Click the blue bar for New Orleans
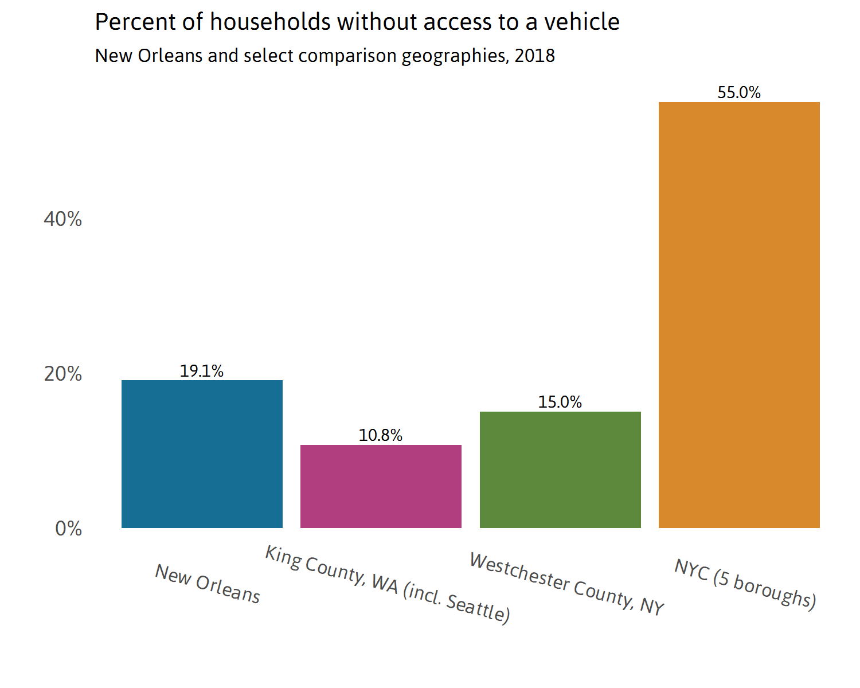[x=202, y=454]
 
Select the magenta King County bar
[x=381, y=486]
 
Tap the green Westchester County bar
[x=560, y=470]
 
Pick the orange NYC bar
[x=739, y=315]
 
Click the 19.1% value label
[x=202, y=371]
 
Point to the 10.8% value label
[x=381, y=435]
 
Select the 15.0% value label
[x=560, y=402]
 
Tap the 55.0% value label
[x=739, y=92]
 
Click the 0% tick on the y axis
[x=68, y=528]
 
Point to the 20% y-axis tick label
[x=62, y=374]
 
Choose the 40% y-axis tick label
[x=62, y=218]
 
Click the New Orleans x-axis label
[x=208, y=584]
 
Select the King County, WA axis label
[x=388, y=584]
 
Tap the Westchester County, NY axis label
[x=566, y=584]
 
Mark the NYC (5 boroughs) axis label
[x=745, y=584]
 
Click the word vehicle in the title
[x=581, y=22]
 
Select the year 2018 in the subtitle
[x=534, y=56]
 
